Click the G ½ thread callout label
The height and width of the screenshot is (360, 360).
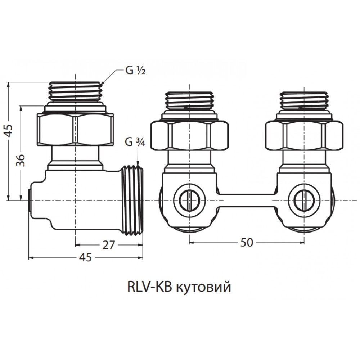tap(135, 71)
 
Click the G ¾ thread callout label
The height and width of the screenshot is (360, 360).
tap(135, 142)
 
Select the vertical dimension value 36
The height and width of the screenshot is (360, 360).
tap(21, 160)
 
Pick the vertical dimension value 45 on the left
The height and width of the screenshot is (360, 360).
tap(9, 131)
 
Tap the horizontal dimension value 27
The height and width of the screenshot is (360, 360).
tap(108, 245)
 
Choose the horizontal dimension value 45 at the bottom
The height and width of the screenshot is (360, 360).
tap(85, 257)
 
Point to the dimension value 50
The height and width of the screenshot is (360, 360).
tap(247, 242)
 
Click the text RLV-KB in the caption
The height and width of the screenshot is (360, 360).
tap(149, 287)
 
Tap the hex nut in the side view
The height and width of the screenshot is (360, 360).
tap(75, 129)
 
